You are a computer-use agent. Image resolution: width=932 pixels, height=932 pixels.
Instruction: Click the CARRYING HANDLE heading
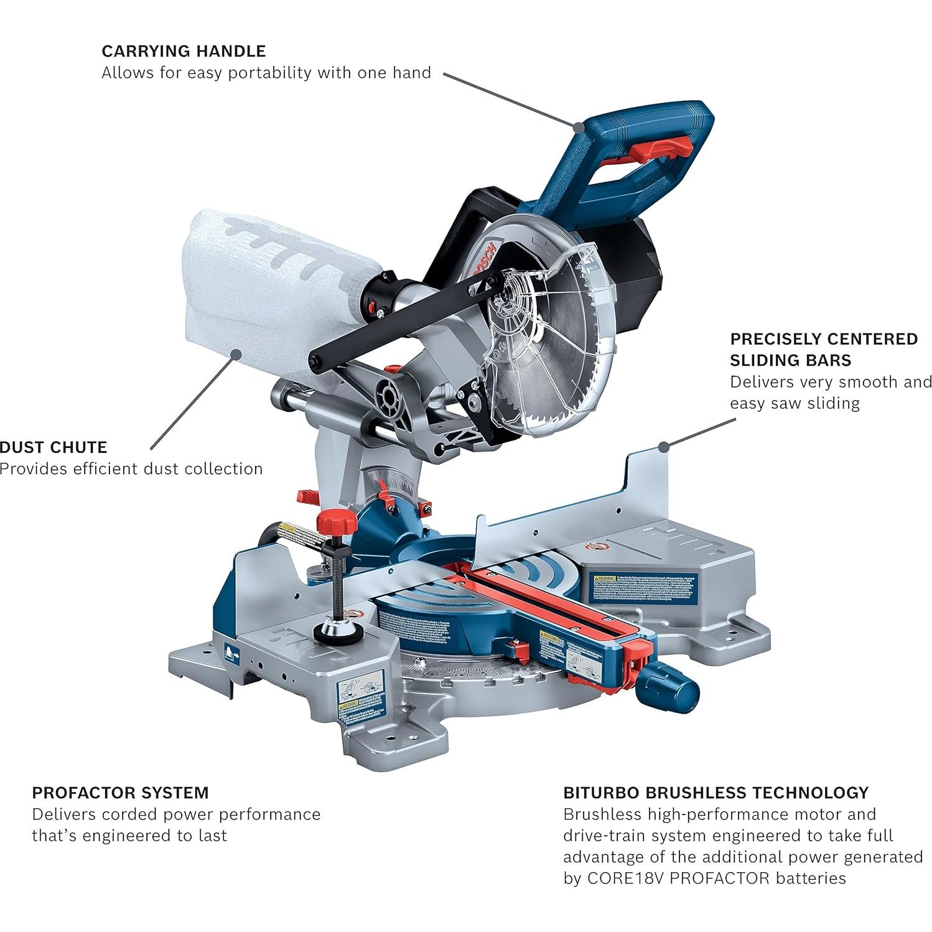[x=184, y=51]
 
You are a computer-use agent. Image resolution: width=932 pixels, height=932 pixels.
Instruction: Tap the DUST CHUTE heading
[x=54, y=447]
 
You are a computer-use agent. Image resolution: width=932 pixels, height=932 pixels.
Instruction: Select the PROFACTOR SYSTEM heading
[x=120, y=793]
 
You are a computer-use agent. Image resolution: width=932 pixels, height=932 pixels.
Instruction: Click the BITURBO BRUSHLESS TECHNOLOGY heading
[x=715, y=793]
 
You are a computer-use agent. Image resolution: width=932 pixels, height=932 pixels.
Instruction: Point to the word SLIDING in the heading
[x=791, y=360]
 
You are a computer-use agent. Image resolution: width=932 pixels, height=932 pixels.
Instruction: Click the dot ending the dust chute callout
[x=235, y=354]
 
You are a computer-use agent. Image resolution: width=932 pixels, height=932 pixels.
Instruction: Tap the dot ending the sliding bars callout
[x=664, y=446]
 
